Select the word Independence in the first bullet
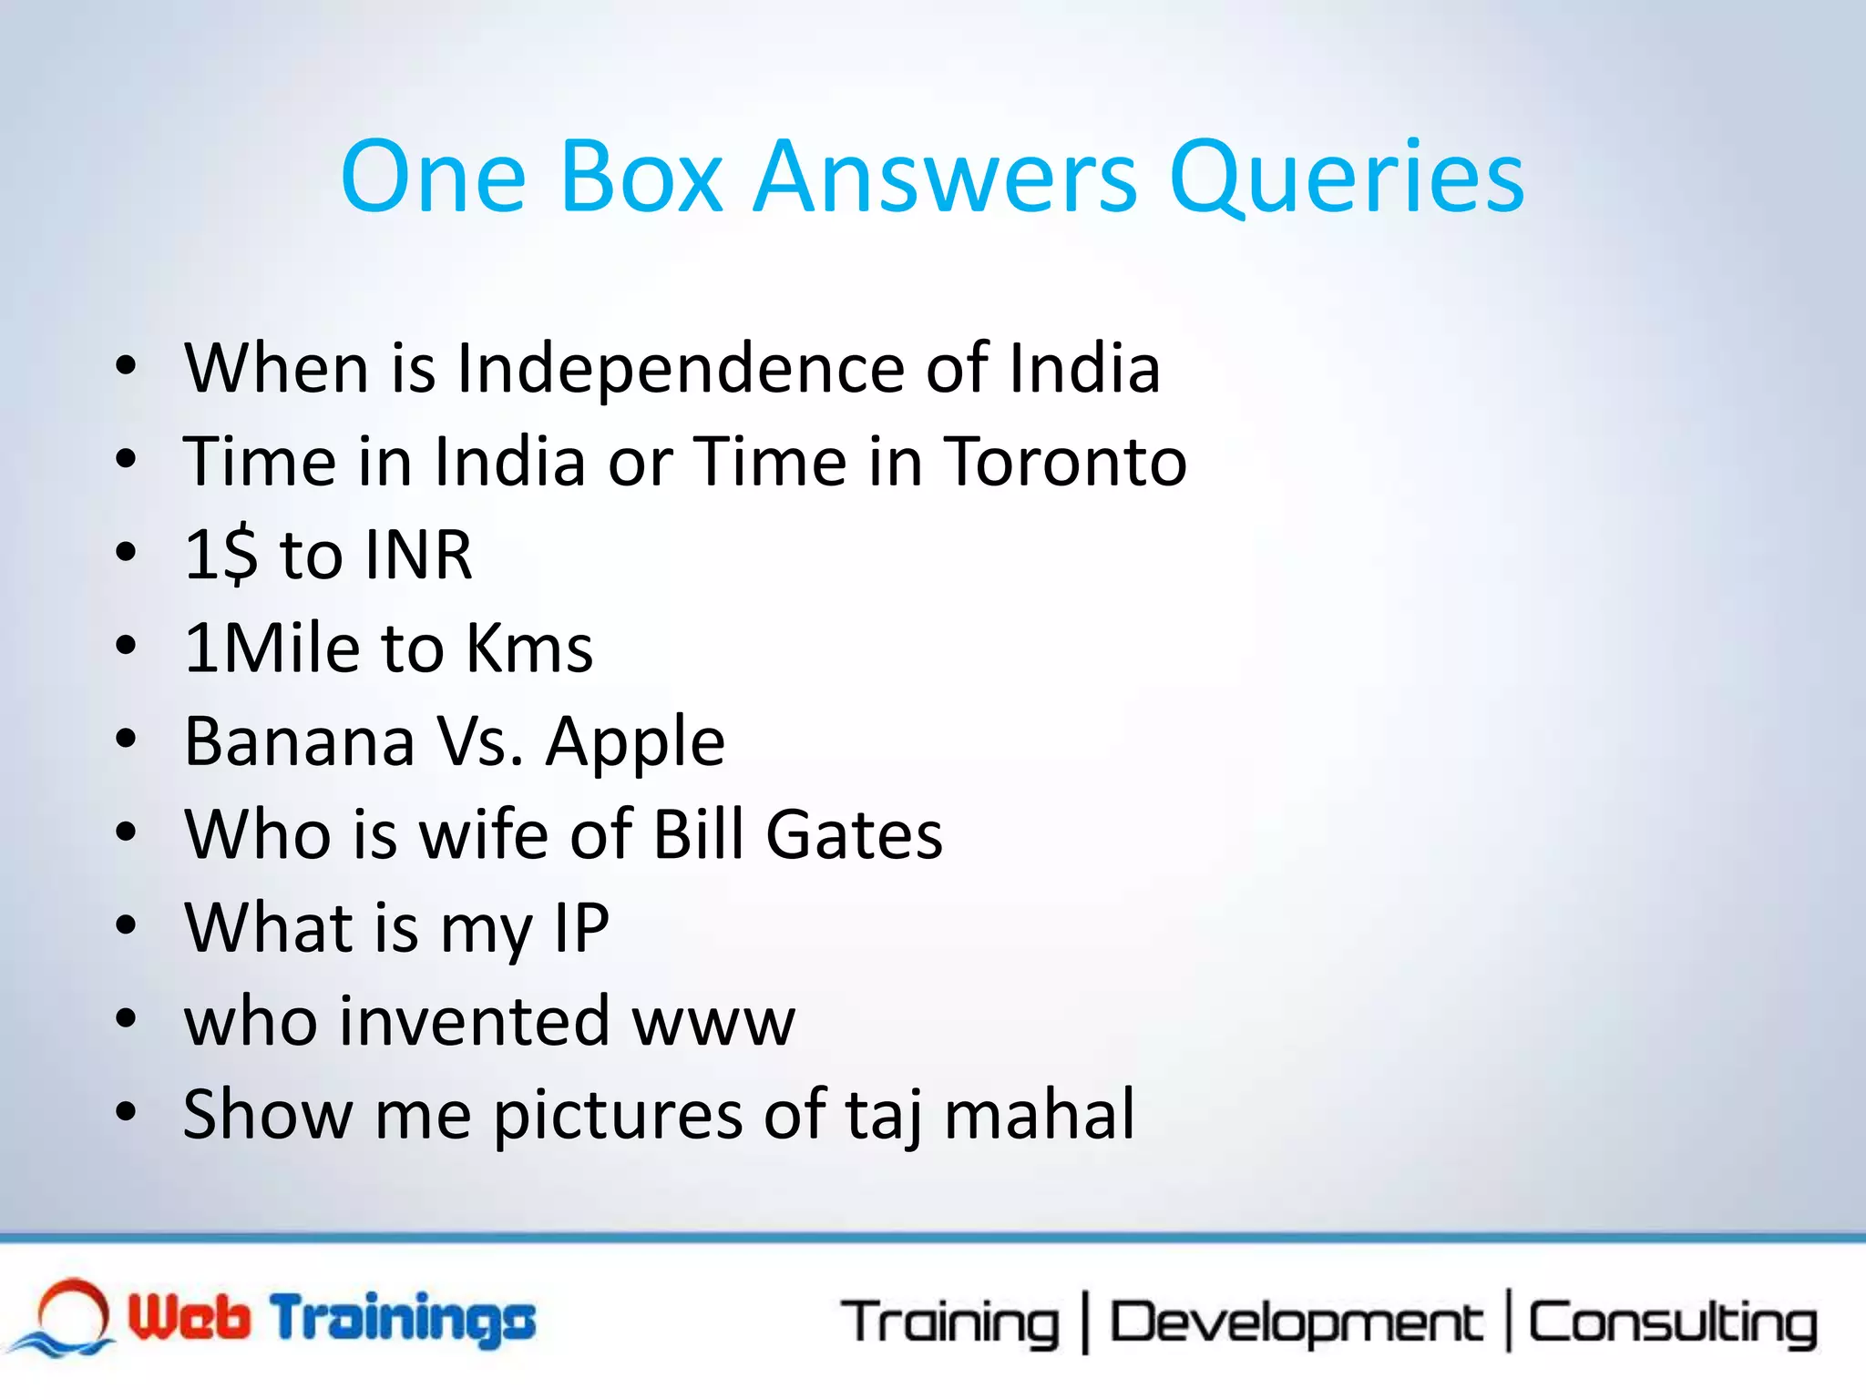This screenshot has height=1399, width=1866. click(x=680, y=369)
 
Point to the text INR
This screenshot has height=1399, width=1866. click(x=418, y=555)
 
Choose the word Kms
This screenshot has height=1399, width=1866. click(x=529, y=648)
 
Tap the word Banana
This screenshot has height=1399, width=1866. click(x=300, y=741)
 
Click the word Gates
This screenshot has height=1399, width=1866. click(x=854, y=834)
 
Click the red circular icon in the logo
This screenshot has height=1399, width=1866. click(x=73, y=1311)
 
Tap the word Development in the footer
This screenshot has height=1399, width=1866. click(x=1296, y=1322)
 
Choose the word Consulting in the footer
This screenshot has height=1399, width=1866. click(x=1673, y=1322)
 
